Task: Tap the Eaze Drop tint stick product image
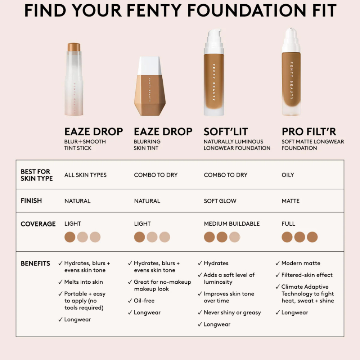tap(74, 79)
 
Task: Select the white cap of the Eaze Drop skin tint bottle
tap(149, 66)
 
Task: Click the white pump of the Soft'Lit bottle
tap(214, 41)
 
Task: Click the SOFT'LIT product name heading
tap(226, 132)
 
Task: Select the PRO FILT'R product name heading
tap(309, 132)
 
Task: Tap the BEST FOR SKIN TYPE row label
tap(37, 175)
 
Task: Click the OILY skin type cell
tap(288, 175)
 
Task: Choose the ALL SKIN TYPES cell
tap(85, 175)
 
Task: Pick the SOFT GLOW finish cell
tap(220, 201)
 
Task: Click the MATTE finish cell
tap(291, 201)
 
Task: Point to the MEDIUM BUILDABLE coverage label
tap(231, 224)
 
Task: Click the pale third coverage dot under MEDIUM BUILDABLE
tap(234, 237)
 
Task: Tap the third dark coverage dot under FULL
tap(312, 237)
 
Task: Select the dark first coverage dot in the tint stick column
tap(70, 237)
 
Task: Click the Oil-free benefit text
tap(144, 301)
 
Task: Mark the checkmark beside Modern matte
tap(278, 263)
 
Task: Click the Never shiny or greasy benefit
tap(232, 312)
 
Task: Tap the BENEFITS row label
tap(35, 264)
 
